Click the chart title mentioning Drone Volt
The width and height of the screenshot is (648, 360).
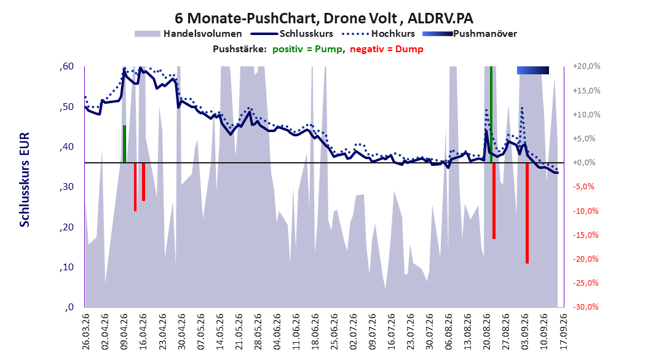click(x=324, y=18)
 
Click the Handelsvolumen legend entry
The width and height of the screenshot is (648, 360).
click(x=189, y=34)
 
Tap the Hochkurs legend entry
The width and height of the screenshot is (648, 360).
click(x=378, y=34)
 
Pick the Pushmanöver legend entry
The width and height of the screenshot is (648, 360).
click(x=470, y=34)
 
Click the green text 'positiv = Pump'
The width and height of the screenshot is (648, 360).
click(x=307, y=49)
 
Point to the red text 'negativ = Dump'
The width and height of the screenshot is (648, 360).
click(x=387, y=49)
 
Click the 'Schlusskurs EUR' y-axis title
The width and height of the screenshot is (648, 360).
click(x=25, y=179)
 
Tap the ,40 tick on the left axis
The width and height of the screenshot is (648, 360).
click(x=66, y=147)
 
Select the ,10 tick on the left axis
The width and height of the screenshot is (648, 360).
click(x=66, y=267)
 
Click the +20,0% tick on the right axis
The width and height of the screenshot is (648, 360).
click(x=587, y=66)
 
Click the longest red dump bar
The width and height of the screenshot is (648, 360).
click(x=527, y=213)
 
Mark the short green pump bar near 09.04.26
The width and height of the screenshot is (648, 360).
click(x=124, y=144)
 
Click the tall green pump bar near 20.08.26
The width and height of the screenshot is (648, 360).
click(x=491, y=114)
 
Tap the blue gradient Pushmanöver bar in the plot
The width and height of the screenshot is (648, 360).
click(x=532, y=71)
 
